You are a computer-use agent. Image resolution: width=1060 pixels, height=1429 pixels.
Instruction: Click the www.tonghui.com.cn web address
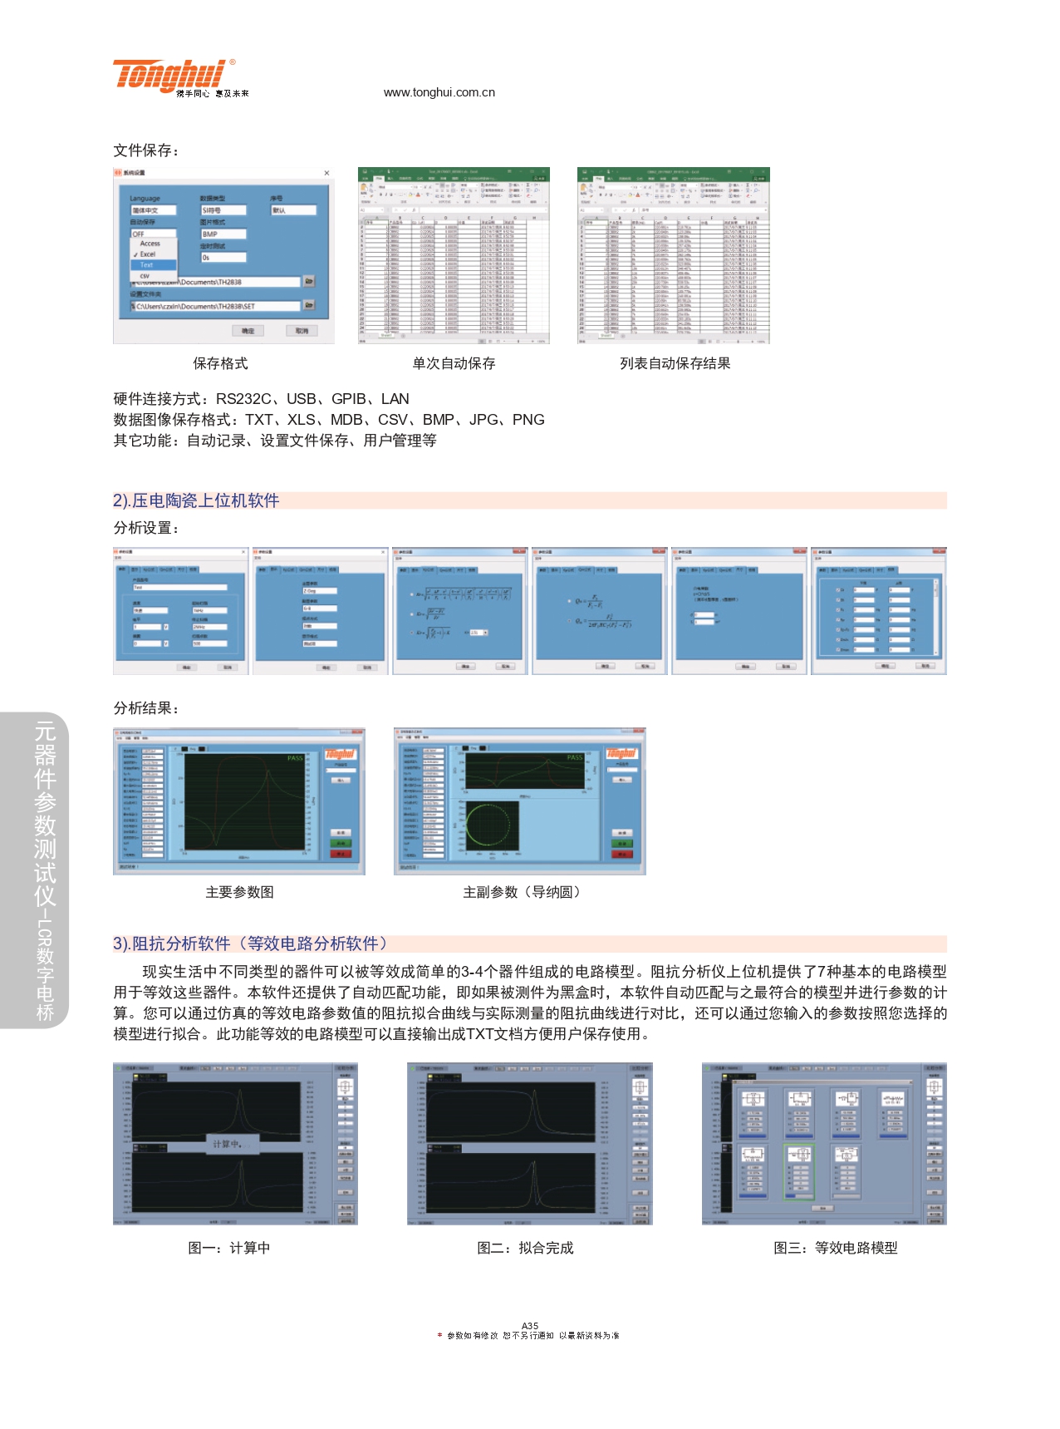(x=439, y=92)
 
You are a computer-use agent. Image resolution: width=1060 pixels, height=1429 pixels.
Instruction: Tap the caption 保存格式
(x=220, y=363)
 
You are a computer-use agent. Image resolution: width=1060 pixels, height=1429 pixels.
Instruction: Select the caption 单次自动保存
(x=454, y=363)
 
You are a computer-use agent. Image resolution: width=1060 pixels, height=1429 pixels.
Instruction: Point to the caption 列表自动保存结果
(x=675, y=363)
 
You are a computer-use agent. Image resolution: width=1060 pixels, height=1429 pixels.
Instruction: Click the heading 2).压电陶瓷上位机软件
(x=196, y=500)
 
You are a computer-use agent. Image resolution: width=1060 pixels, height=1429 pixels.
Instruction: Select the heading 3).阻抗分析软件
(x=250, y=944)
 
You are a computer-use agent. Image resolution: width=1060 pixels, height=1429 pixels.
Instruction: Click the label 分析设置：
(x=146, y=528)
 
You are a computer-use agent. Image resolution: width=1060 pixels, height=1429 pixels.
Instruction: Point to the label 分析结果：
(x=146, y=708)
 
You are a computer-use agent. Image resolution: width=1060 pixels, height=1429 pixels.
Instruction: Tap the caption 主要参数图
(x=239, y=892)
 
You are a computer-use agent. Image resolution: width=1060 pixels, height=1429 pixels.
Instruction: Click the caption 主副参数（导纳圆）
(x=522, y=892)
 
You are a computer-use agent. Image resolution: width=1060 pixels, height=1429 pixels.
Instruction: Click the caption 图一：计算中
(x=228, y=1248)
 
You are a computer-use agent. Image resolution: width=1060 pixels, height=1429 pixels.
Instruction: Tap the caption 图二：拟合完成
(x=525, y=1248)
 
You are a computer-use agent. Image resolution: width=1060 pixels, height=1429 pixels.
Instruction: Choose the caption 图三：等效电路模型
(x=835, y=1248)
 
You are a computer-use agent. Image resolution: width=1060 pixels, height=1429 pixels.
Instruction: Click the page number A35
(x=530, y=1326)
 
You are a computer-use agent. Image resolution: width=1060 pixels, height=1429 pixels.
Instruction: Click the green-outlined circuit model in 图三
(x=799, y=1170)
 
